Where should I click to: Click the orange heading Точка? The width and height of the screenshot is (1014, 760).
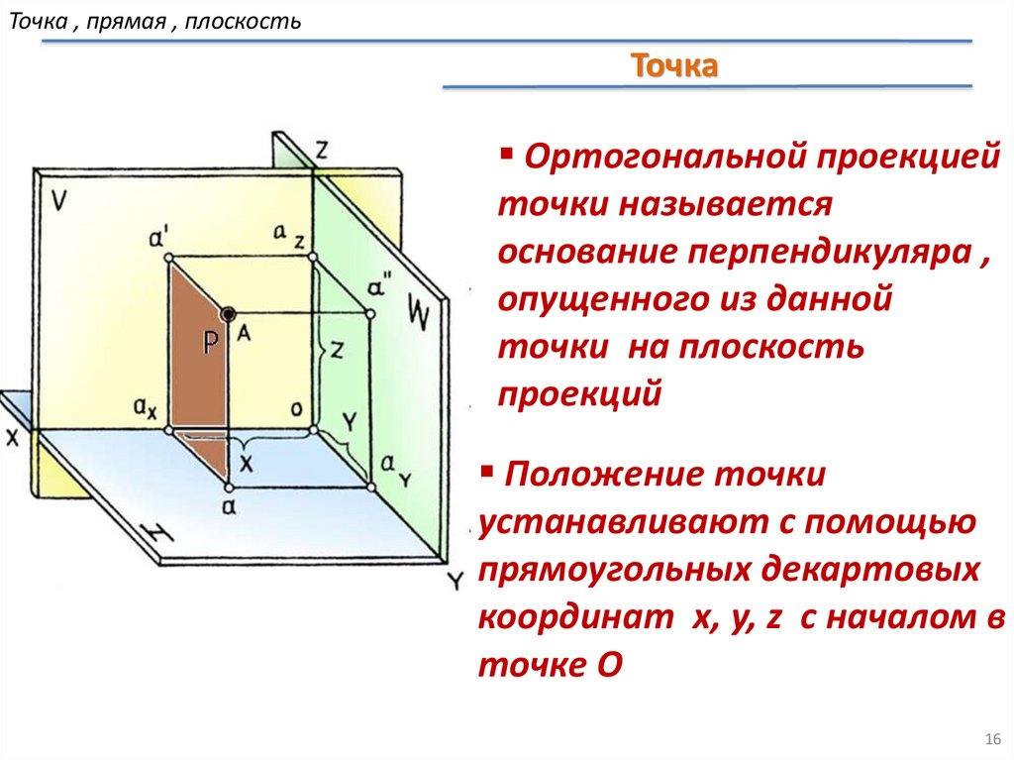[673, 66]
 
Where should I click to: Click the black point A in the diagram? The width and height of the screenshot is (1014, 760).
[229, 314]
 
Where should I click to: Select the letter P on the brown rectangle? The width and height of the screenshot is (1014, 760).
[211, 342]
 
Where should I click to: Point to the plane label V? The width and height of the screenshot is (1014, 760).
[58, 201]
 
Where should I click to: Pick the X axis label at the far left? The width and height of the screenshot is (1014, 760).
[12, 438]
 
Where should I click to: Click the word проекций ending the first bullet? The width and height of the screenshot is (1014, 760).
[578, 394]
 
